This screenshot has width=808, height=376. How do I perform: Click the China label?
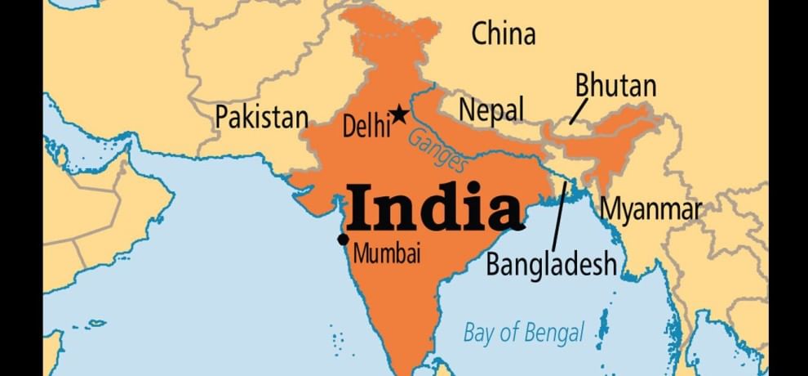(504, 35)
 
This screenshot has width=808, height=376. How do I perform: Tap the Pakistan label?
(261, 118)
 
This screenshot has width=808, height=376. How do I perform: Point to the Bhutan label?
(615, 86)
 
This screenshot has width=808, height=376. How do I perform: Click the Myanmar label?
(650, 209)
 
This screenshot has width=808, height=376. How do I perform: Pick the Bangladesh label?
(551, 265)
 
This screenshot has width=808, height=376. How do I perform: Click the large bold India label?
(435, 207)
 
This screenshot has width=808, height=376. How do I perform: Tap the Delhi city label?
(364, 127)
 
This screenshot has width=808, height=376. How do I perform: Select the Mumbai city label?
(387, 255)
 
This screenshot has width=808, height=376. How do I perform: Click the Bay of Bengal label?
(524, 333)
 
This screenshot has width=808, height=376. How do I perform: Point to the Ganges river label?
(438, 149)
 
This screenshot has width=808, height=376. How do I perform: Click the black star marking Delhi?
(399, 114)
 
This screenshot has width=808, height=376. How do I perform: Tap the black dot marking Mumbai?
(343, 239)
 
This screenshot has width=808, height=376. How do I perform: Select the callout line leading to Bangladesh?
(560, 214)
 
